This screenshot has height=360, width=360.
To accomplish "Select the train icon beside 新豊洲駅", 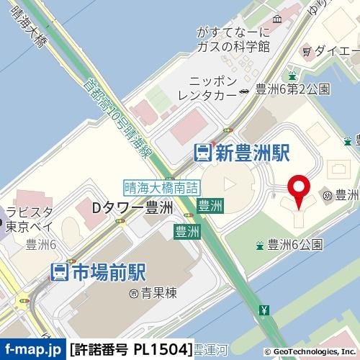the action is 203,152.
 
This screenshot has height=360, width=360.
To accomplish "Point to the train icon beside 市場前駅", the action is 59,271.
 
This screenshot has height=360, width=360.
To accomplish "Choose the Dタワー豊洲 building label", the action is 133,207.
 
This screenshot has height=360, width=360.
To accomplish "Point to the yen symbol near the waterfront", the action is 264,311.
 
